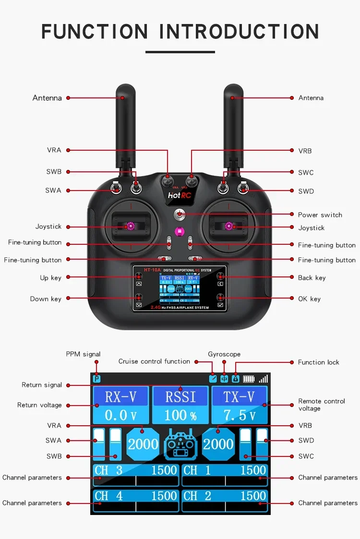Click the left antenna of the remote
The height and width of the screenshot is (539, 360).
[x=126, y=120]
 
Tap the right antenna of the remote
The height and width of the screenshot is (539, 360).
[x=234, y=120]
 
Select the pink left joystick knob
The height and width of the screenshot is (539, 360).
[x=130, y=225]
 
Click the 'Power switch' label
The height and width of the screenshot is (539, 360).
[x=320, y=215]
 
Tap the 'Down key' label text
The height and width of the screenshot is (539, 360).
[x=46, y=299]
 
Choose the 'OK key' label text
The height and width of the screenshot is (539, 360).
[x=309, y=299]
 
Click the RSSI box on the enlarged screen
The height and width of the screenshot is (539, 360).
[x=180, y=396]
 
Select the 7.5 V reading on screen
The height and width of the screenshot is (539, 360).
[x=239, y=415]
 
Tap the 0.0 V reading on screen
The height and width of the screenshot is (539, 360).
[x=120, y=415]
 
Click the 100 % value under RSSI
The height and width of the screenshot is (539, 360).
[x=180, y=415]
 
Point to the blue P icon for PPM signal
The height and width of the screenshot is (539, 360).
[x=97, y=379]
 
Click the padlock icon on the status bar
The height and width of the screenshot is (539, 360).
[x=235, y=379]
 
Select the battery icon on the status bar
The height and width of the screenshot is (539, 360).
[x=249, y=379]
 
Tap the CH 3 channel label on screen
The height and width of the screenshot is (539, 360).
[x=108, y=470]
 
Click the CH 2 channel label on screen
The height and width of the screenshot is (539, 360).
[x=197, y=496]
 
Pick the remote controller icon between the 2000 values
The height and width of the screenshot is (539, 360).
[x=180, y=444]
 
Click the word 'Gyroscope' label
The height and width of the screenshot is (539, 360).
[x=224, y=354]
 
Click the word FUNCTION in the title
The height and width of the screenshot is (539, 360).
[x=95, y=31]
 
